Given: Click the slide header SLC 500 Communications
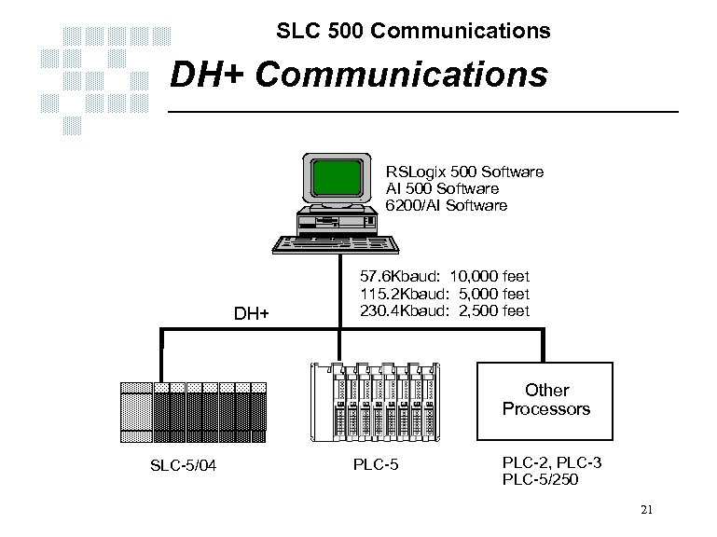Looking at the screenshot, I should tap(413, 32).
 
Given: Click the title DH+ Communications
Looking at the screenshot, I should tap(358, 75).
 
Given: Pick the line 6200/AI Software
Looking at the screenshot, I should tap(448, 205).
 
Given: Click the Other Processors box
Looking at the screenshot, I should tap(546, 399).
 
